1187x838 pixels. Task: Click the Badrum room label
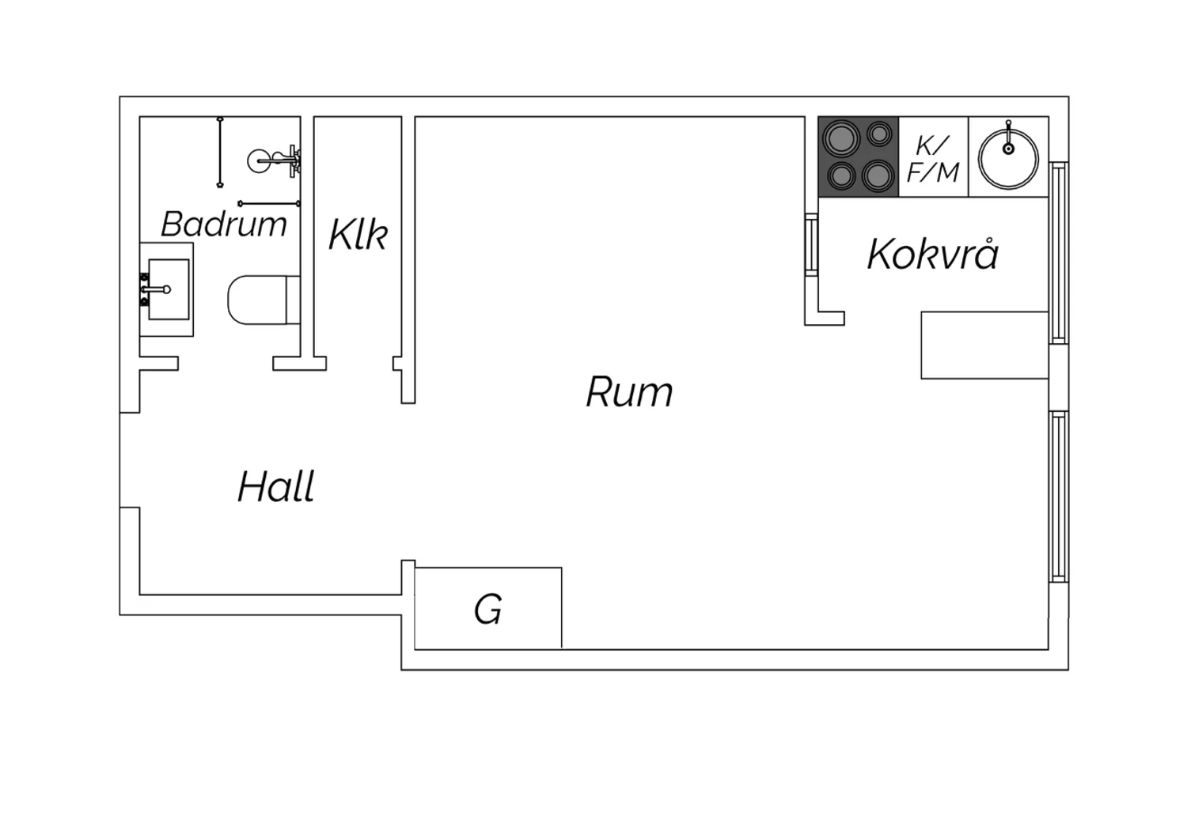pyautogui.click(x=224, y=225)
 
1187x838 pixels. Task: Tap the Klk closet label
pyautogui.click(x=358, y=235)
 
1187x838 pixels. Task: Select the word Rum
pyautogui.click(x=630, y=392)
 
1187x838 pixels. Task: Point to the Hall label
pyautogui.click(x=276, y=486)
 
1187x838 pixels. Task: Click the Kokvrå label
pyautogui.click(x=933, y=254)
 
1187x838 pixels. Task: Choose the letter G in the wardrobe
pyautogui.click(x=488, y=610)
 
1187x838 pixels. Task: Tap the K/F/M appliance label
pyautogui.click(x=933, y=159)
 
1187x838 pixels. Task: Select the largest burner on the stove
pyautogui.click(x=841, y=138)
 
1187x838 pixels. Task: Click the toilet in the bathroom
pyautogui.click(x=264, y=300)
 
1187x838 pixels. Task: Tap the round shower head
pyautogui.click(x=260, y=160)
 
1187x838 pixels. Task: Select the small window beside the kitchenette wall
pyautogui.click(x=811, y=244)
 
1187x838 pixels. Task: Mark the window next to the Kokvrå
pyautogui.click(x=1059, y=252)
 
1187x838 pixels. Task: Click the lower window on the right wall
pyautogui.click(x=1059, y=496)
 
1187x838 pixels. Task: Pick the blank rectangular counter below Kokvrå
pyautogui.click(x=984, y=345)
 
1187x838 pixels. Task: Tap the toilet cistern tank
pyautogui.click(x=293, y=300)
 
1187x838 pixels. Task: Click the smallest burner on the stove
pyautogui.click(x=880, y=134)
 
